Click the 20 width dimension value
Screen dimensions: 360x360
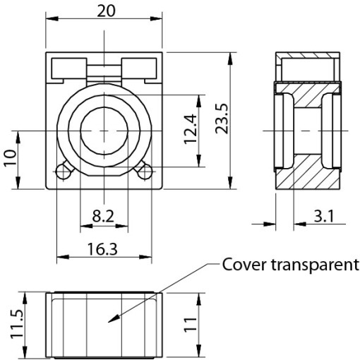tap(106, 11)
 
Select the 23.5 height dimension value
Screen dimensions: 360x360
tap(222, 119)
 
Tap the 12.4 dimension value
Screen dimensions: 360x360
tap(190, 129)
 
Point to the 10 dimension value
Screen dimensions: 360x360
tap(11, 157)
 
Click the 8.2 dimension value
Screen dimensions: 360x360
tap(103, 216)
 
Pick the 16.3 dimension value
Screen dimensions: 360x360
tap(102, 249)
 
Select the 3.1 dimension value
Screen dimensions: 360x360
tap(324, 216)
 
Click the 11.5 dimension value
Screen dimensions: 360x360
tap(17, 324)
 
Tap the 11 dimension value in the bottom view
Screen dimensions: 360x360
tap(190, 325)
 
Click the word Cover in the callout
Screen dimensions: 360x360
tap(244, 265)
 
